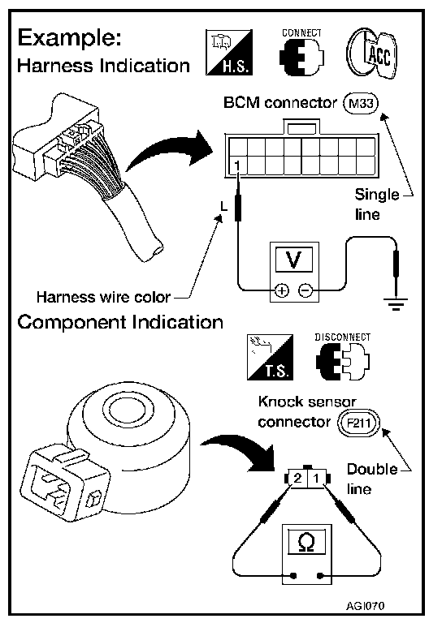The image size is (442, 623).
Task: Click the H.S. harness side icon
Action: tap(229, 52)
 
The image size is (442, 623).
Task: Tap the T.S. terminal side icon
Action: tap(270, 357)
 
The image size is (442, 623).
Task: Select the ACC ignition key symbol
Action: tap(371, 54)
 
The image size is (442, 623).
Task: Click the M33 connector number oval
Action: tap(361, 103)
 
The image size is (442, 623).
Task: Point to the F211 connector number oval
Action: tap(359, 423)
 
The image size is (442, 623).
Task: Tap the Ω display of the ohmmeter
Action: tap(306, 542)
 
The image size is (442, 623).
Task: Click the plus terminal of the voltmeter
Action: tap(282, 291)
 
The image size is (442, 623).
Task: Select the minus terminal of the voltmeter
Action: tap(305, 291)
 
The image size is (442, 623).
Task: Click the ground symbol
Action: tap(396, 304)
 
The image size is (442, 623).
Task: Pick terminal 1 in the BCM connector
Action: tap(236, 165)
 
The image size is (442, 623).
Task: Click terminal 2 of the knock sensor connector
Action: tap(297, 478)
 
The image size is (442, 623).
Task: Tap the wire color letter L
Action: tap(224, 207)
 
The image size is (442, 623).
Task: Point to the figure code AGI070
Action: tap(365, 606)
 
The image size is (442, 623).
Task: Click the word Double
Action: tap(372, 469)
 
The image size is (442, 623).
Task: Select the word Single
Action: tap(377, 195)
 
